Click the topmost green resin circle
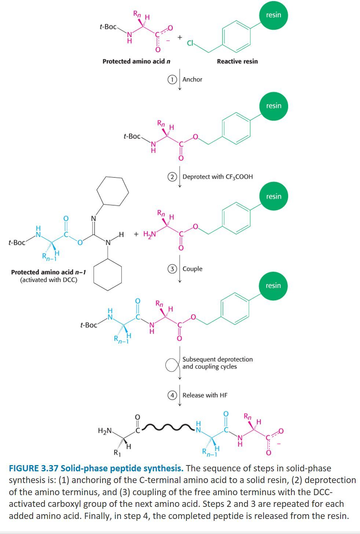coord(273,15)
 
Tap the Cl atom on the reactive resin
coord(190,43)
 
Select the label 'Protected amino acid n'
coord(136,61)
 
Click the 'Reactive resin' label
coord(237,61)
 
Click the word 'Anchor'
coord(192,80)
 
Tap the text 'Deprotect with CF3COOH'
coord(217,177)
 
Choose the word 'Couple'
coord(192,269)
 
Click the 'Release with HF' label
coord(205,395)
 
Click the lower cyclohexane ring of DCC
coord(107,275)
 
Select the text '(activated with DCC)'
coord(48,280)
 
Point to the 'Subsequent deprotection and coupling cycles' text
coord(217,363)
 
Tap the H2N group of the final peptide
coord(104,431)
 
